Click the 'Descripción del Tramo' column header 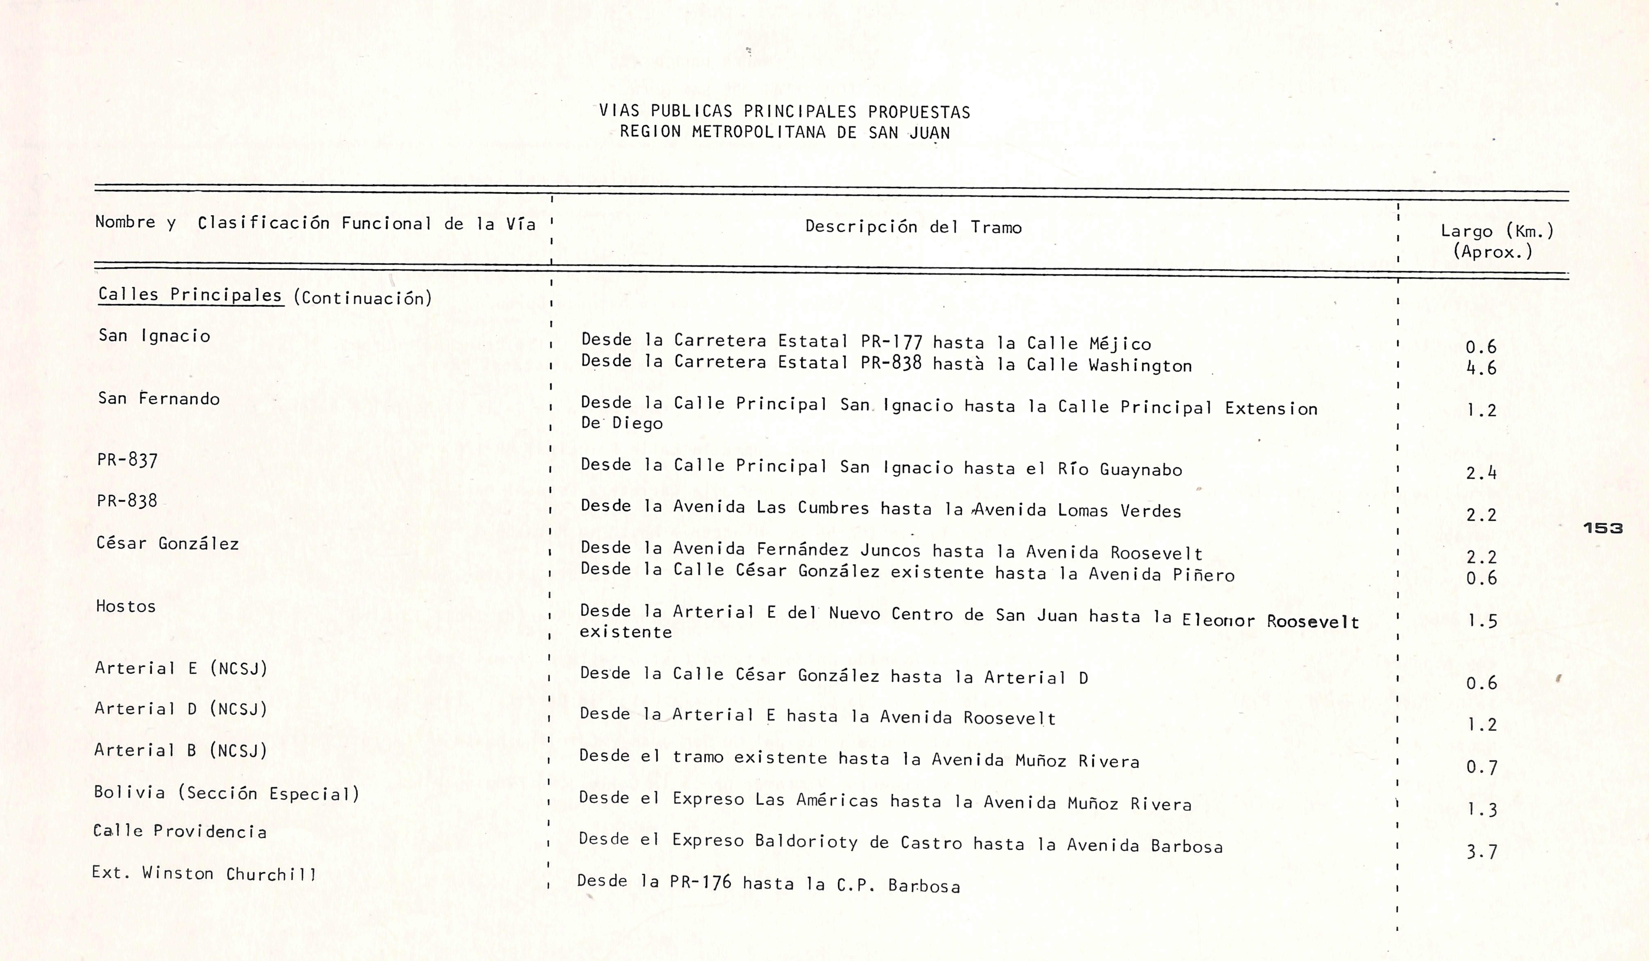click(913, 227)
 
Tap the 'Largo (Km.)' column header click(1497, 231)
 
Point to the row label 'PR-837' click(127, 460)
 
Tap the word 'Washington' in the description click(1140, 366)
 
